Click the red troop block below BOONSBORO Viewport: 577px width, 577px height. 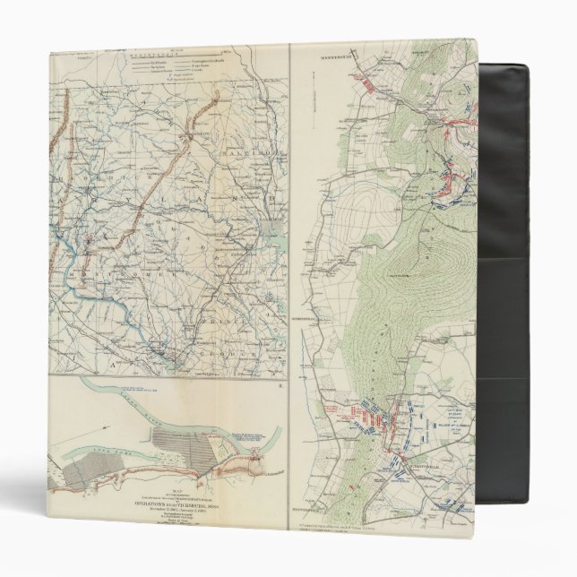tap(368, 82)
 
